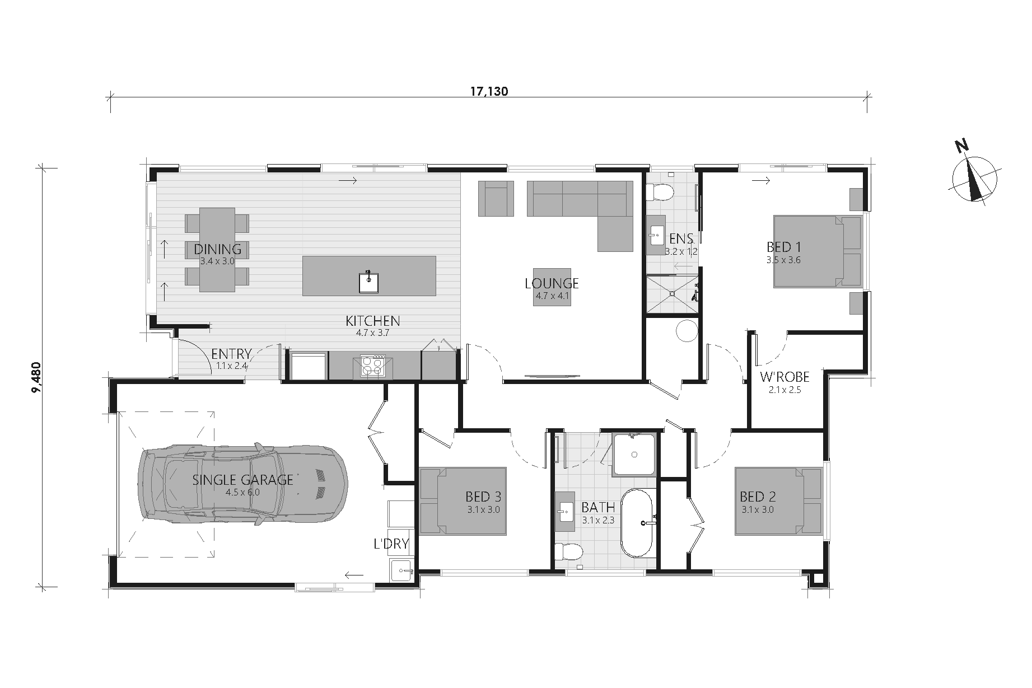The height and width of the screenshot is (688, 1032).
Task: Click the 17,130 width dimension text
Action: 489,92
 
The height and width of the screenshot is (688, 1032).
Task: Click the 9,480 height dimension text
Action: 37,377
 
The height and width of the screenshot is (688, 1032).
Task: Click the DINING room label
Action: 217,249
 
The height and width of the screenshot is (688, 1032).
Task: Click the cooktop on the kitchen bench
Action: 372,367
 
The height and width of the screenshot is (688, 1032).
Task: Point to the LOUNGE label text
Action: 552,283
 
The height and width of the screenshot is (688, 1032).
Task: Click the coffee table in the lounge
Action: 552,287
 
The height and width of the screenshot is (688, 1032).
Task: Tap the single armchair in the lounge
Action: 496,198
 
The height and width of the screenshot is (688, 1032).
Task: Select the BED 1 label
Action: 783,247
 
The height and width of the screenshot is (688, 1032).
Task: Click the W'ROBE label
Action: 784,377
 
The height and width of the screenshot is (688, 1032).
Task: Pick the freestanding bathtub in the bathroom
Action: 637,523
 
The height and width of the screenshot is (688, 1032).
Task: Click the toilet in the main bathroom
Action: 568,551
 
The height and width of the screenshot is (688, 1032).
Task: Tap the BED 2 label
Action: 757,497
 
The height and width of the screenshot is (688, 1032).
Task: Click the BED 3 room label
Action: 483,497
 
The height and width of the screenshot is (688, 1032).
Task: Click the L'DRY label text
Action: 391,544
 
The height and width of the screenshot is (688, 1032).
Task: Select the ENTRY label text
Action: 231,354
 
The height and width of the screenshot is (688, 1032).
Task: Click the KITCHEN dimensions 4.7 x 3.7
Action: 372,333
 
